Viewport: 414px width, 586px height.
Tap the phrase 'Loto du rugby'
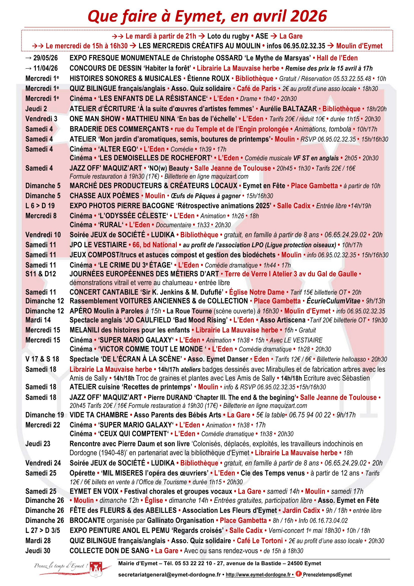(x=228, y=36)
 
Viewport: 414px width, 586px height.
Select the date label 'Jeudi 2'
(x=36, y=109)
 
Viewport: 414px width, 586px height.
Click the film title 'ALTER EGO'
(x=118, y=149)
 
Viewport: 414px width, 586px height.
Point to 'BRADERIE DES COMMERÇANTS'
(x=119, y=129)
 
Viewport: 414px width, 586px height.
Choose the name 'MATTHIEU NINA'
(x=152, y=119)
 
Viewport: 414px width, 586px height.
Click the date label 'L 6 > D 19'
(x=40, y=206)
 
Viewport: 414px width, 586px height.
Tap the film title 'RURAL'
(x=111, y=225)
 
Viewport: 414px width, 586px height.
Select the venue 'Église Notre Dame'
(x=257, y=292)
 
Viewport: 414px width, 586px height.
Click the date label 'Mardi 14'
(x=38, y=320)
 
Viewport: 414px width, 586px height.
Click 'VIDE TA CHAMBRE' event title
(x=99, y=415)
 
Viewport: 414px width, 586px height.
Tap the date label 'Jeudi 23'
(x=38, y=444)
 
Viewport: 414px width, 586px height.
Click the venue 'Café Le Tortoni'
(x=260, y=541)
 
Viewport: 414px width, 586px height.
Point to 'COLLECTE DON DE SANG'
(x=109, y=550)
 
